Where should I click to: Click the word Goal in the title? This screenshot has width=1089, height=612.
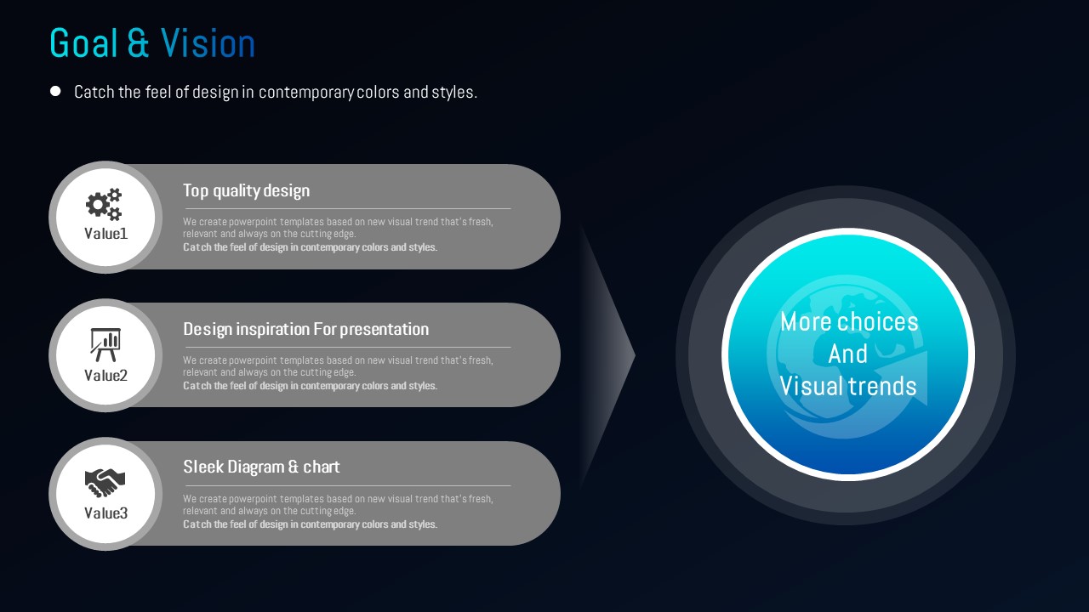click(x=83, y=42)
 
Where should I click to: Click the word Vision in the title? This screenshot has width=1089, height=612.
click(x=208, y=42)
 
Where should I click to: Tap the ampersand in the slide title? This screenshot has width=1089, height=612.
click(x=139, y=42)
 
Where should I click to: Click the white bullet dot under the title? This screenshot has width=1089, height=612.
click(x=55, y=91)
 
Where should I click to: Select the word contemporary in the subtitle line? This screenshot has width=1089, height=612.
click(x=305, y=93)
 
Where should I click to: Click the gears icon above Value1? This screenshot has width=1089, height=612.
click(x=104, y=204)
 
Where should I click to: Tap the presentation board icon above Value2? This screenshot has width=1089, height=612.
click(x=105, y=345)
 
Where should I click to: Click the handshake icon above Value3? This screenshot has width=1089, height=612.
click(x=105, y=483)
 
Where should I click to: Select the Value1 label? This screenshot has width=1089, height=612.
click(x=106, y=234)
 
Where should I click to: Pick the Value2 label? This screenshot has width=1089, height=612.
click(x=106, y=376)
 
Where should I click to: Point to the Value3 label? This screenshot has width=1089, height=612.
click(x=106, y=513)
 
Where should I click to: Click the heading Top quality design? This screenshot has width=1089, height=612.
click(x=247, y=191)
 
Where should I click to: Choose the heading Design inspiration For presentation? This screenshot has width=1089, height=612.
click(x=305, y=329)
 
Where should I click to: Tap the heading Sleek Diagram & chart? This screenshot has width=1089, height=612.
click(x=261, y=467)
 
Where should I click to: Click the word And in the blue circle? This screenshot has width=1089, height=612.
click(x=848, y=354)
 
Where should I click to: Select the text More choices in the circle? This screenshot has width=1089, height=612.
click(x=849, y=321)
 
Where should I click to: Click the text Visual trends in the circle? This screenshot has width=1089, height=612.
click(x=848, y=386)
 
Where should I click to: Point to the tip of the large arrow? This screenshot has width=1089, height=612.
click(x=635, y=356)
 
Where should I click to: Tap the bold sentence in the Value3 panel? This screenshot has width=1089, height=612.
click(x=311, y=524)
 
